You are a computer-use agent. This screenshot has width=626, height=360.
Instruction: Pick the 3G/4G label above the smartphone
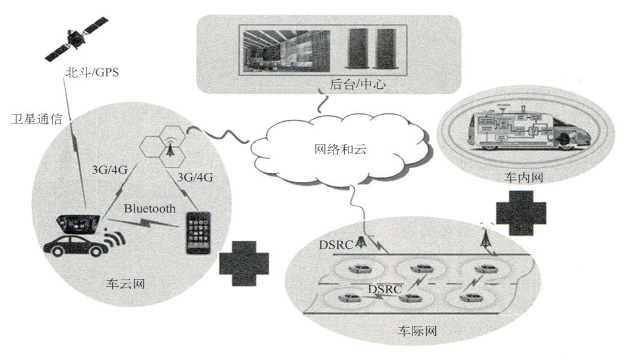(x=196, y=178)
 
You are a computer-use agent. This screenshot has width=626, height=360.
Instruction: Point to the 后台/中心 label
(x=357, y=85)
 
